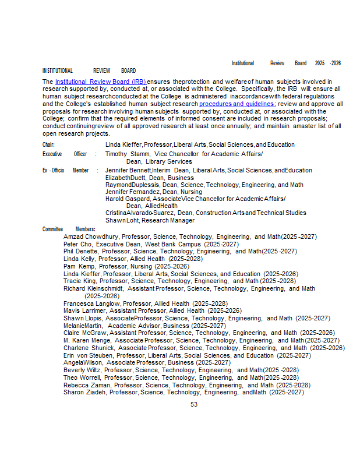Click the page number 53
[x=194, y=404]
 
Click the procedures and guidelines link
[x=237, y=104]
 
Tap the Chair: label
[x=48, y=145]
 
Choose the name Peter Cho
[x=78, y=244]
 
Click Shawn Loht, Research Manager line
[x=150, y=221]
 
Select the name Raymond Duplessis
[x=132, y=185]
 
